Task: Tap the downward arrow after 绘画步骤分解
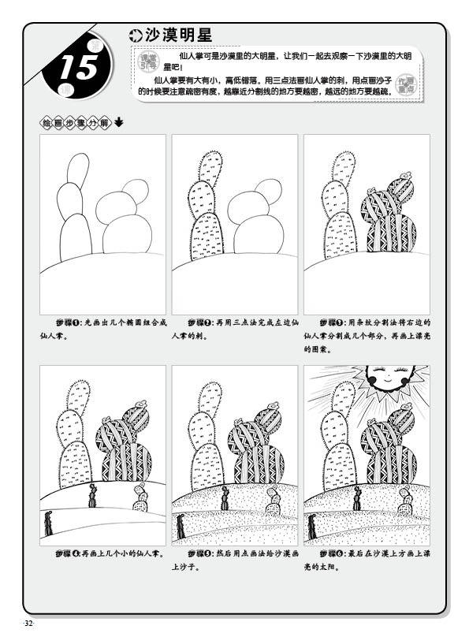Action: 118,122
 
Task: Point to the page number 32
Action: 29,624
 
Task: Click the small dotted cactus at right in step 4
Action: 141,497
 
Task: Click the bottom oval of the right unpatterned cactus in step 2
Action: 259,234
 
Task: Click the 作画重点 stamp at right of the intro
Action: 405,84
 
